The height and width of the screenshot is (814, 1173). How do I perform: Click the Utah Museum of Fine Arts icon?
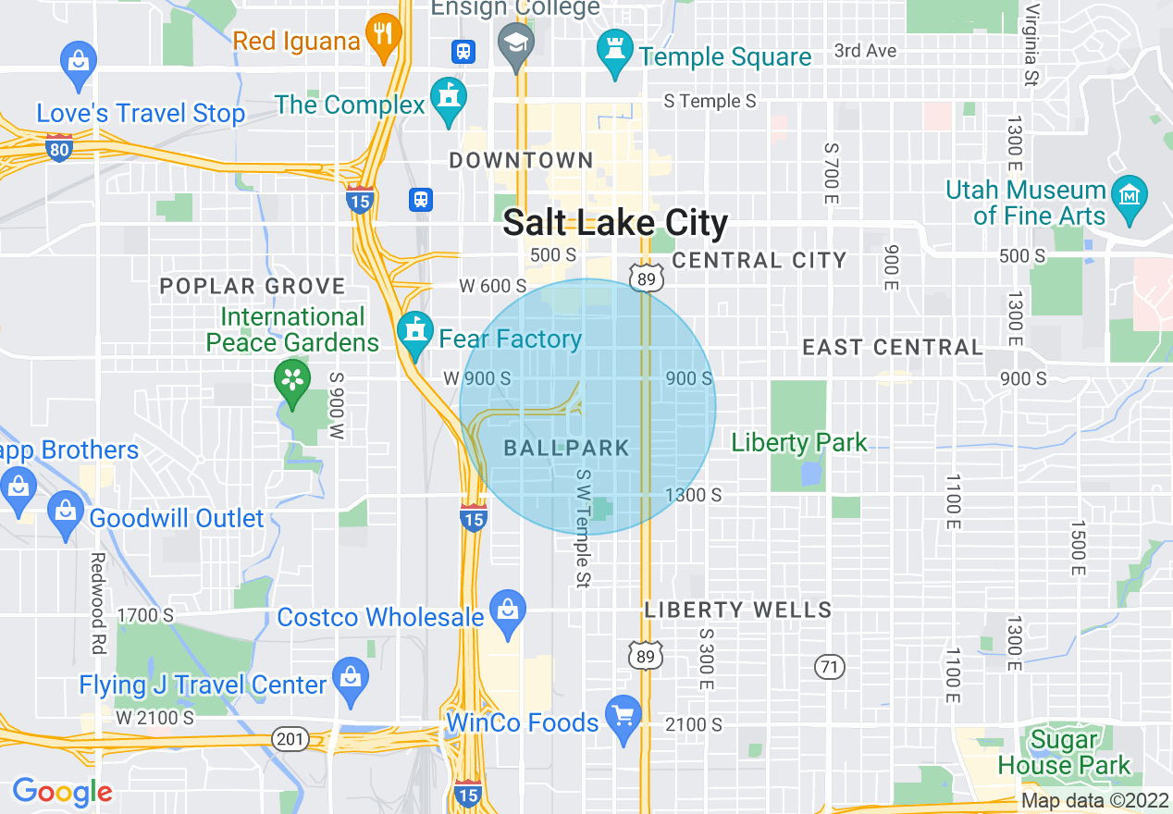coord(1130,194)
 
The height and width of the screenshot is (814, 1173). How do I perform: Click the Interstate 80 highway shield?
coord(58,147)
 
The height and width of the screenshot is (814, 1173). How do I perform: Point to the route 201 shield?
coord(290,737)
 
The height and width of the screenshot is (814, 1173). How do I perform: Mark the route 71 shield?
coord(830,665)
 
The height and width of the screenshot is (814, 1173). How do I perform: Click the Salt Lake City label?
coord(615,223)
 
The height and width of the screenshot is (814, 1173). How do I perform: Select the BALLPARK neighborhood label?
coord(566,449)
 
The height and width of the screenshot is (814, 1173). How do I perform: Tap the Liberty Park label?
coord(799,443)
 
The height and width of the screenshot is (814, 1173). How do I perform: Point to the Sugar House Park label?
coord(1064,753)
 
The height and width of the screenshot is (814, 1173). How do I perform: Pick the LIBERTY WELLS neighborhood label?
coord(738,610)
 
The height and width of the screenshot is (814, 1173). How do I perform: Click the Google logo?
coord(63,792)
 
